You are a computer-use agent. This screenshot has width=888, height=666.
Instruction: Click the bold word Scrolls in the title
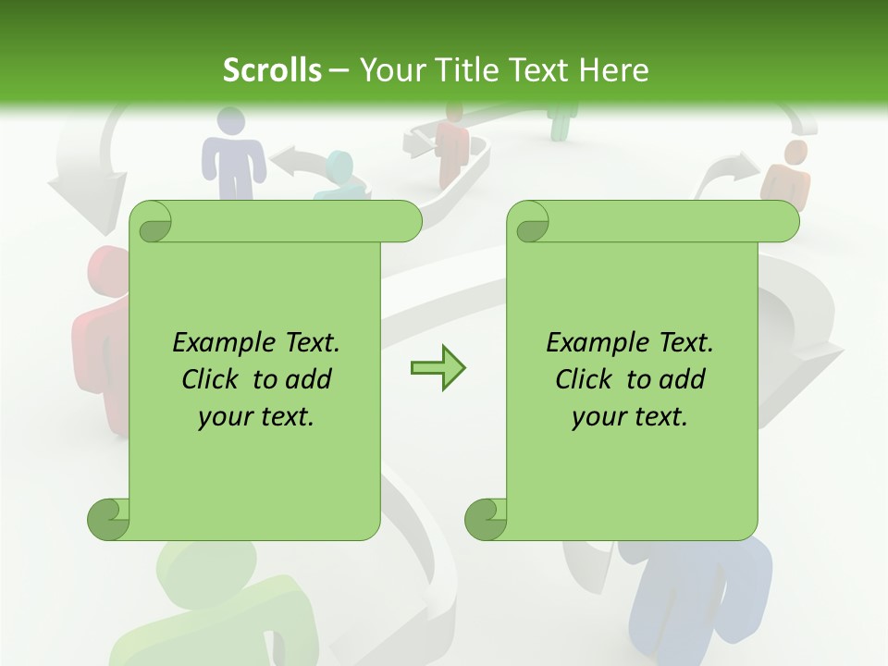(x=273, y=70)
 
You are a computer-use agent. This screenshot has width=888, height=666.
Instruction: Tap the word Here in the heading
(x=613, y=70)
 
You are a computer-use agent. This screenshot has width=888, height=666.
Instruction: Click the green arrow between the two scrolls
(x=438, y=369)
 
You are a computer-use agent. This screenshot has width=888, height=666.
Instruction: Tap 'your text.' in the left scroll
(x=256, y=417)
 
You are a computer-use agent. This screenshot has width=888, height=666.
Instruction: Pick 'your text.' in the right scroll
(x=630, y=417)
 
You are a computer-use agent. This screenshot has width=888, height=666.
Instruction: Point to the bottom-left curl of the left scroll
(x=108, y=519)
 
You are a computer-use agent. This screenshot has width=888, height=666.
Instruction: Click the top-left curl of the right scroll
(x=531, y=223)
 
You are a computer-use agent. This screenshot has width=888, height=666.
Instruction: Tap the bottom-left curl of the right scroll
(x=486, y=519)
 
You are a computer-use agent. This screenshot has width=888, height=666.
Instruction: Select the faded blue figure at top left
(x=232, y=153)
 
